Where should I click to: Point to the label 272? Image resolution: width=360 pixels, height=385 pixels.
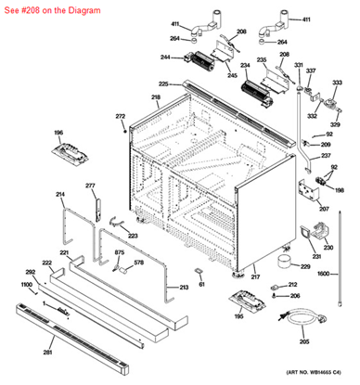[120, 116]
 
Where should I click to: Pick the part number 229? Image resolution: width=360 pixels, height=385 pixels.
[305, 266]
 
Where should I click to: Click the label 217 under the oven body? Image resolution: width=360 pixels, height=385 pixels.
[255, 276]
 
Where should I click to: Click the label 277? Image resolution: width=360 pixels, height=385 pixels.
[91, 186]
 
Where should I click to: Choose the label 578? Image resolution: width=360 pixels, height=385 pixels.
[138, 263]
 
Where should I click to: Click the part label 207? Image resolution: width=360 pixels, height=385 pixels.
[324, 209]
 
